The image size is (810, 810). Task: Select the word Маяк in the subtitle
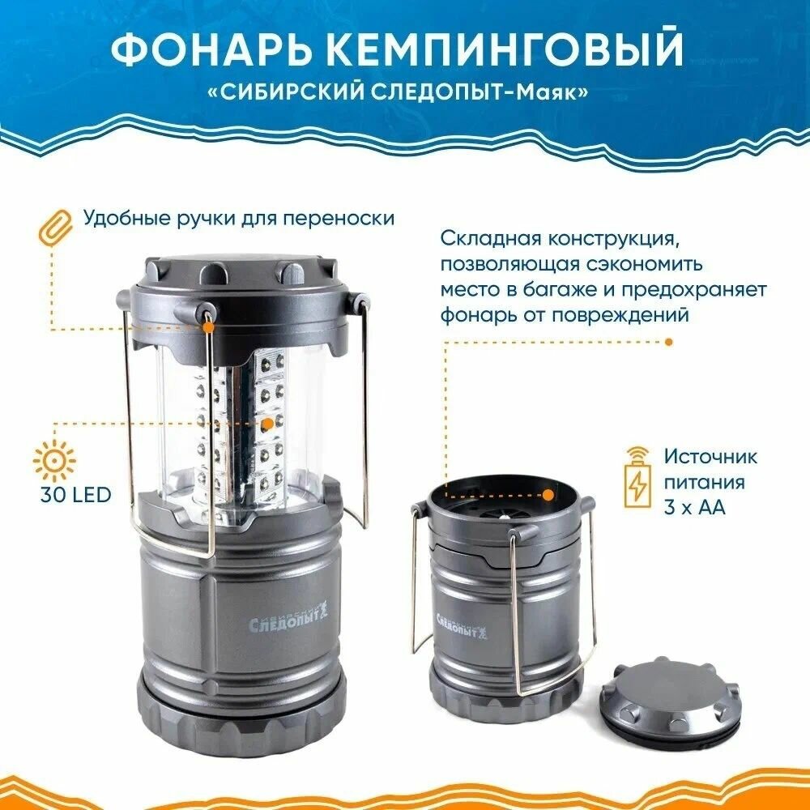[x=552, y=92]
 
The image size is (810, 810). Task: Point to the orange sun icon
[x=54, y=461]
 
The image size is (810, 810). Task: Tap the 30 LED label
[x=72, y=494]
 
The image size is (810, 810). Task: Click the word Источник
[x=710, y=456]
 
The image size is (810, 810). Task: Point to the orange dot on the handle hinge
[x=209, y=327]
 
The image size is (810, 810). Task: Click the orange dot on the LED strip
[x=266, y=423]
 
